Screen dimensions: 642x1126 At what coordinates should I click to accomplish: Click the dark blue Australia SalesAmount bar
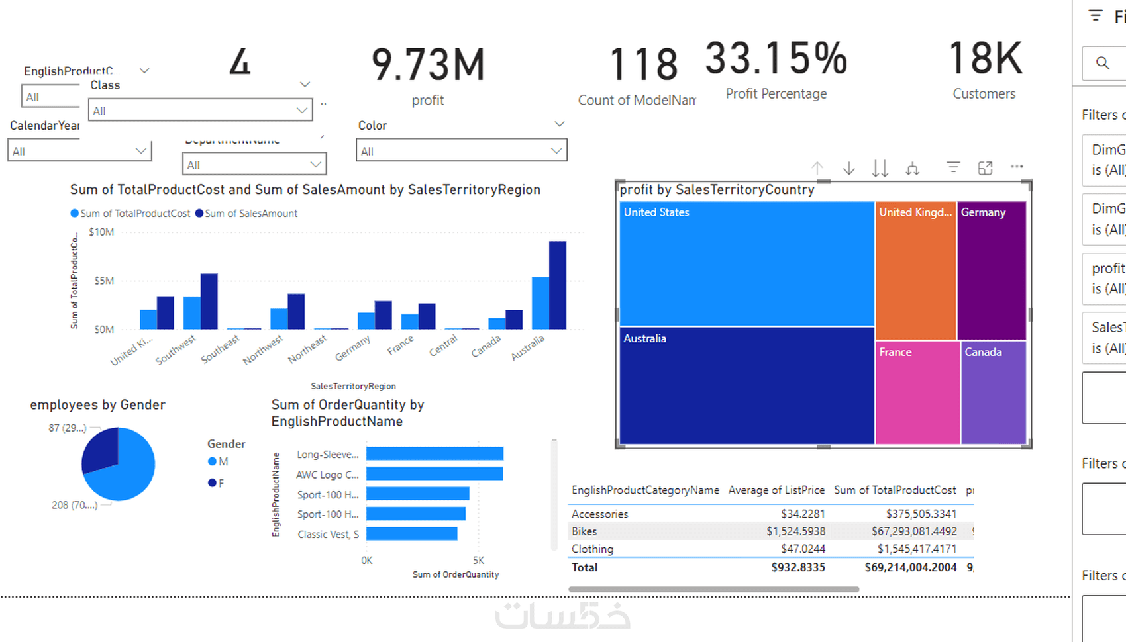pos(558,285)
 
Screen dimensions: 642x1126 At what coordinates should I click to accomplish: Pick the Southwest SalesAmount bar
pos(209,301)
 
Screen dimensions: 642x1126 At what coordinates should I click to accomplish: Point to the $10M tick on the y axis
pos(101,232)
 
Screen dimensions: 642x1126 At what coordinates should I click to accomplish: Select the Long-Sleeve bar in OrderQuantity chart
pos(435,454)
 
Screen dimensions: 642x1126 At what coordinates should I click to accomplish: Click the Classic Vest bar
pos(411,533)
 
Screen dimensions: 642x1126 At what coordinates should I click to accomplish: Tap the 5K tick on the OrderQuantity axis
pos(478,560)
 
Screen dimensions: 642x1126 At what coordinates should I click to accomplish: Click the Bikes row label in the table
pos(584,531)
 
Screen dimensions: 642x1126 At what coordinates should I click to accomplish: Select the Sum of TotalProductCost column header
pos(895,490)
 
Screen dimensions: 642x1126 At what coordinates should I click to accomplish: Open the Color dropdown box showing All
pos(461,151)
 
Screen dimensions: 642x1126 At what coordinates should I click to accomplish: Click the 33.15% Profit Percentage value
pos(776,58)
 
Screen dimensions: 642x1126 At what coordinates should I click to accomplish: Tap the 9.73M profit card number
pos(428,65)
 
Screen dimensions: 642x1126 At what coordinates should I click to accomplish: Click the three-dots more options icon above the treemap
pos(1017,167)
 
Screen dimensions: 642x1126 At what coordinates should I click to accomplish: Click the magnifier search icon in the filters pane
pos(1102,63)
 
